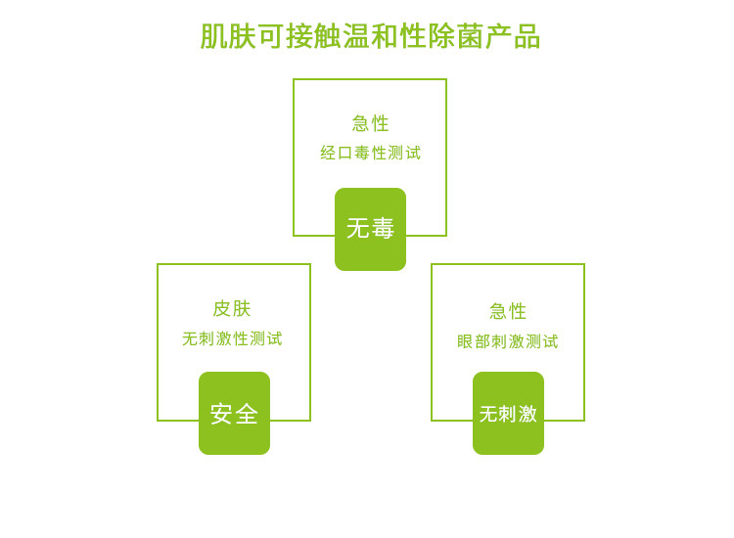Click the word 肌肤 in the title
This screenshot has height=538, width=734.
(228, 37)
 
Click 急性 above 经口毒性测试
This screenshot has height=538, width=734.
(371, 123)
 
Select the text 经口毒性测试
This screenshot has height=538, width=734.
(371, 154)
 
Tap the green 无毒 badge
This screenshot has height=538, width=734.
(370, 229)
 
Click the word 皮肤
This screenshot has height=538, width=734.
(232, 309)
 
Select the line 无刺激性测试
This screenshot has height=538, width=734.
(232, 339)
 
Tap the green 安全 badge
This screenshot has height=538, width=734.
(234, 414)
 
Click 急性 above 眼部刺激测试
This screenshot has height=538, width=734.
(508, 311)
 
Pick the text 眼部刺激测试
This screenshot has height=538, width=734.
(508, 342)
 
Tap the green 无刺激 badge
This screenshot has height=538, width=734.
(508, 414)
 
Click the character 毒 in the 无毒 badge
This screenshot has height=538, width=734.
(383, 229)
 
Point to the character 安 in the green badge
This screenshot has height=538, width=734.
(221, 414)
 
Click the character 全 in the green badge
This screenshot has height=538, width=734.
(247, 414)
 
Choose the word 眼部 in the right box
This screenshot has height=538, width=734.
(474, 342)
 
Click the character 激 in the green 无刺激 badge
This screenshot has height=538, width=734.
(528, 414)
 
